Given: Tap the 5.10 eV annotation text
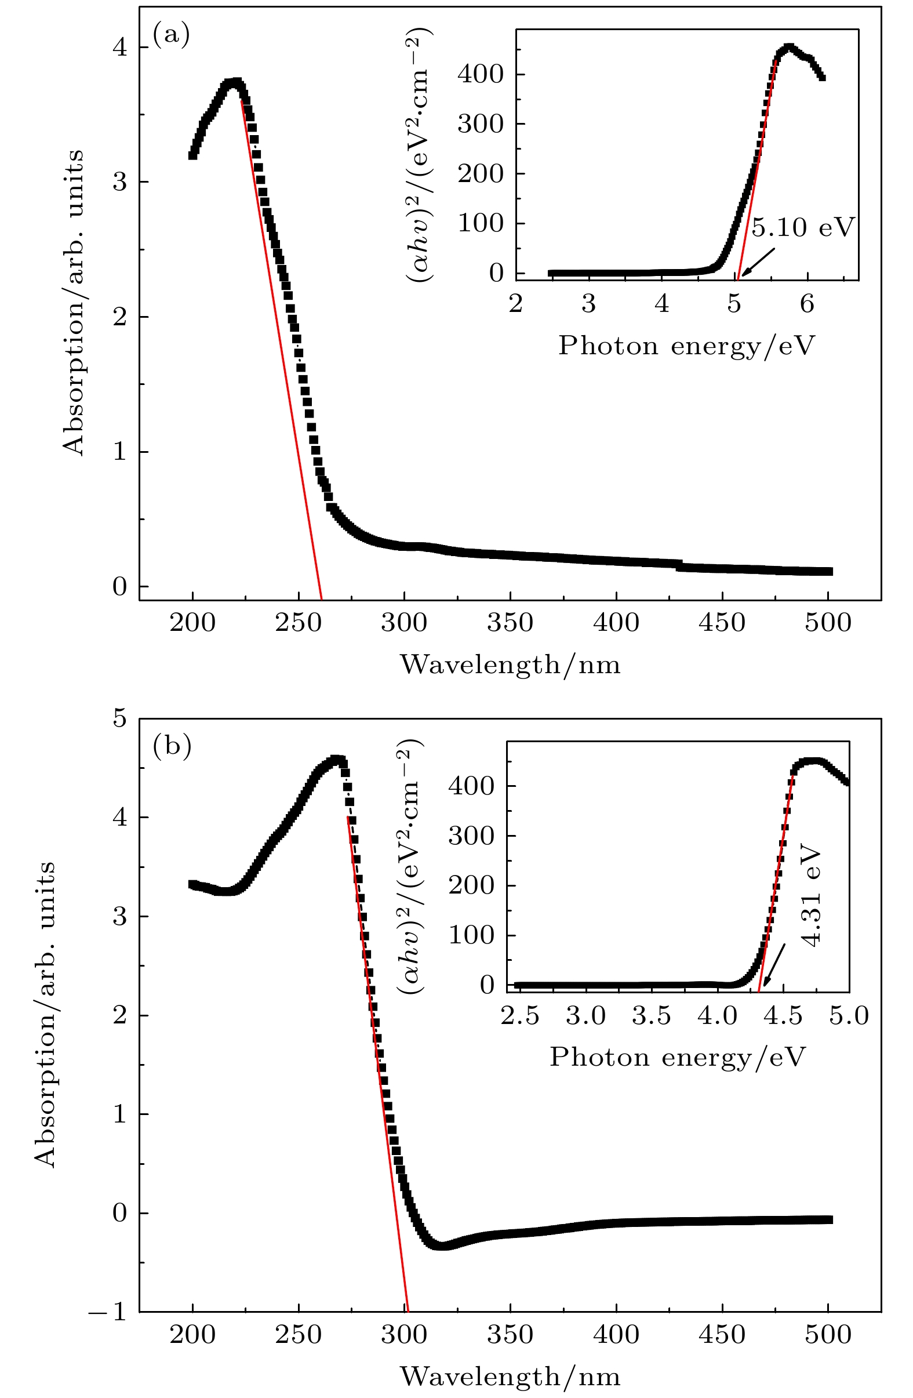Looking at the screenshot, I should click(802, 227).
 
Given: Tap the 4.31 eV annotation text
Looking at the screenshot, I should click(812, 896).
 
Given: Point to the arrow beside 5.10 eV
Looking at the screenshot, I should click(758, 262).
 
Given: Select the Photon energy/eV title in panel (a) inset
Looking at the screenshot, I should click(686, 346).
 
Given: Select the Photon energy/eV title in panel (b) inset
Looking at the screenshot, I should click(678, 1056).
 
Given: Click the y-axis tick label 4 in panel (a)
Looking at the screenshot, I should click(120, 47).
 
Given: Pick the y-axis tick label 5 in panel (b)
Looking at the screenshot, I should click(120, 718).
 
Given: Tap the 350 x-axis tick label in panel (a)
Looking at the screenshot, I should click(510, 623).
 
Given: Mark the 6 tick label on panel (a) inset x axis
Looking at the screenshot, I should click(807, 304).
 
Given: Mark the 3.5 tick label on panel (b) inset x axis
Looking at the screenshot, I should click(651, 1016).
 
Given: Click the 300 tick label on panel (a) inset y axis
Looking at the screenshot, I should click(481, 124).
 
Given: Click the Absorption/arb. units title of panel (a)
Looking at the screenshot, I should click(74, 303).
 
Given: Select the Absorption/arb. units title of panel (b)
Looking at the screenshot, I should click(45, 1014).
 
